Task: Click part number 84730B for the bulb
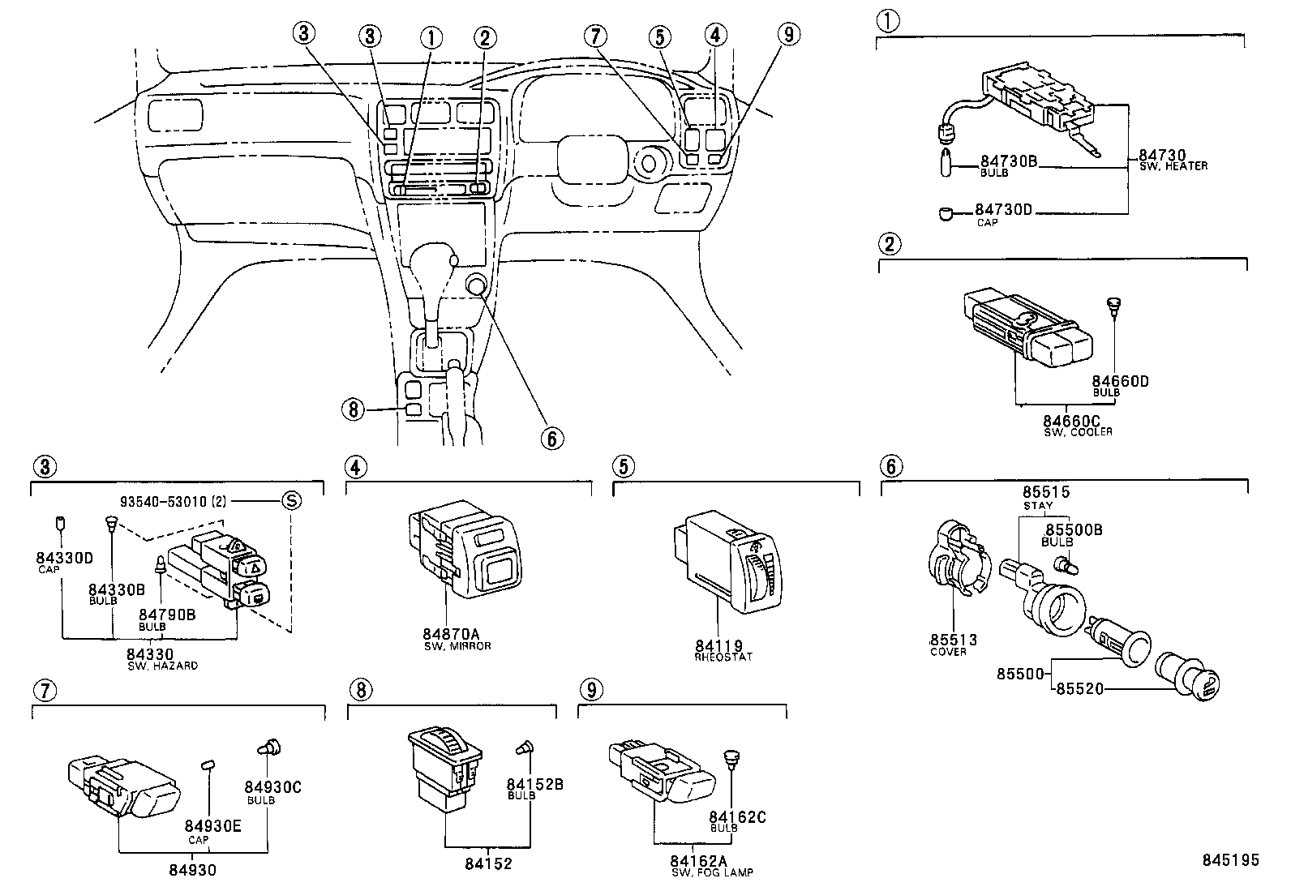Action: (1008, 161)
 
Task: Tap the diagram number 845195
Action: (1230, 860)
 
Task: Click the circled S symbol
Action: (290, 500)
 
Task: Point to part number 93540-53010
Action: (165, 502)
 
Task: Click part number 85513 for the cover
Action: (953, 640)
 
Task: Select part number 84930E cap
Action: (208, 825)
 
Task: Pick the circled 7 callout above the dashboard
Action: (596, 36)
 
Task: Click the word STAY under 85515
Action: (1037, 506)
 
